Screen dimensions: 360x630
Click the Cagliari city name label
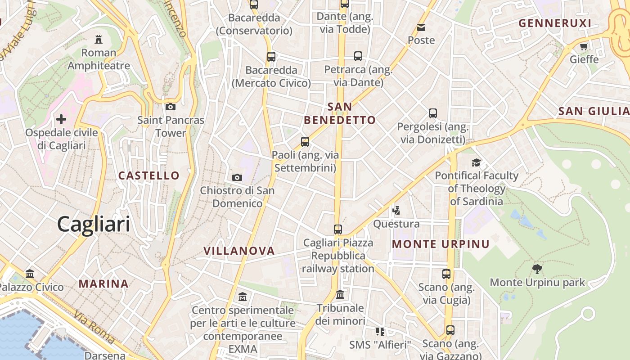(94, 224)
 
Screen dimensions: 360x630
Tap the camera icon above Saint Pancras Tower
(171, 107)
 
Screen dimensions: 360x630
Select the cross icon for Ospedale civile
(61, 119)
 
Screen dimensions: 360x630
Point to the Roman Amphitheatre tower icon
(99, 39)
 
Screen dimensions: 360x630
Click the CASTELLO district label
(149, 175)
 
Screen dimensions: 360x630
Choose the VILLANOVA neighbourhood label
(239, 251)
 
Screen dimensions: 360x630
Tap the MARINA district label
(104, 284)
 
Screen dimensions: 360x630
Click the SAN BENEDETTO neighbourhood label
(340, 113)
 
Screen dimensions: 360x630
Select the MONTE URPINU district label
(441, 244)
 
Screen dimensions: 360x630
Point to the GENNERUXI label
(555, 23)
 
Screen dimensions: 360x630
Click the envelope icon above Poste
(421, 27)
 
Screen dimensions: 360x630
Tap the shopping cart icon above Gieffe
(584, 46)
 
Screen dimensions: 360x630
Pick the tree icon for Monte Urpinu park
(537, 269)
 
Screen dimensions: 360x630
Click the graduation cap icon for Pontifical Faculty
(476, 162)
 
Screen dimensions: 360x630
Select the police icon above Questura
(396, 210)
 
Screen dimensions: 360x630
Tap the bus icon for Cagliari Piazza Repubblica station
(338, 229)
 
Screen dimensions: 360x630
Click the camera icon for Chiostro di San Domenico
(237, 177)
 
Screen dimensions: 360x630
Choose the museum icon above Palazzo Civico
(30, 274)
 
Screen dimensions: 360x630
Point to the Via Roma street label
(94, 327)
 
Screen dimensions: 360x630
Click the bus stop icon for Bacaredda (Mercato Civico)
(271, 57)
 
